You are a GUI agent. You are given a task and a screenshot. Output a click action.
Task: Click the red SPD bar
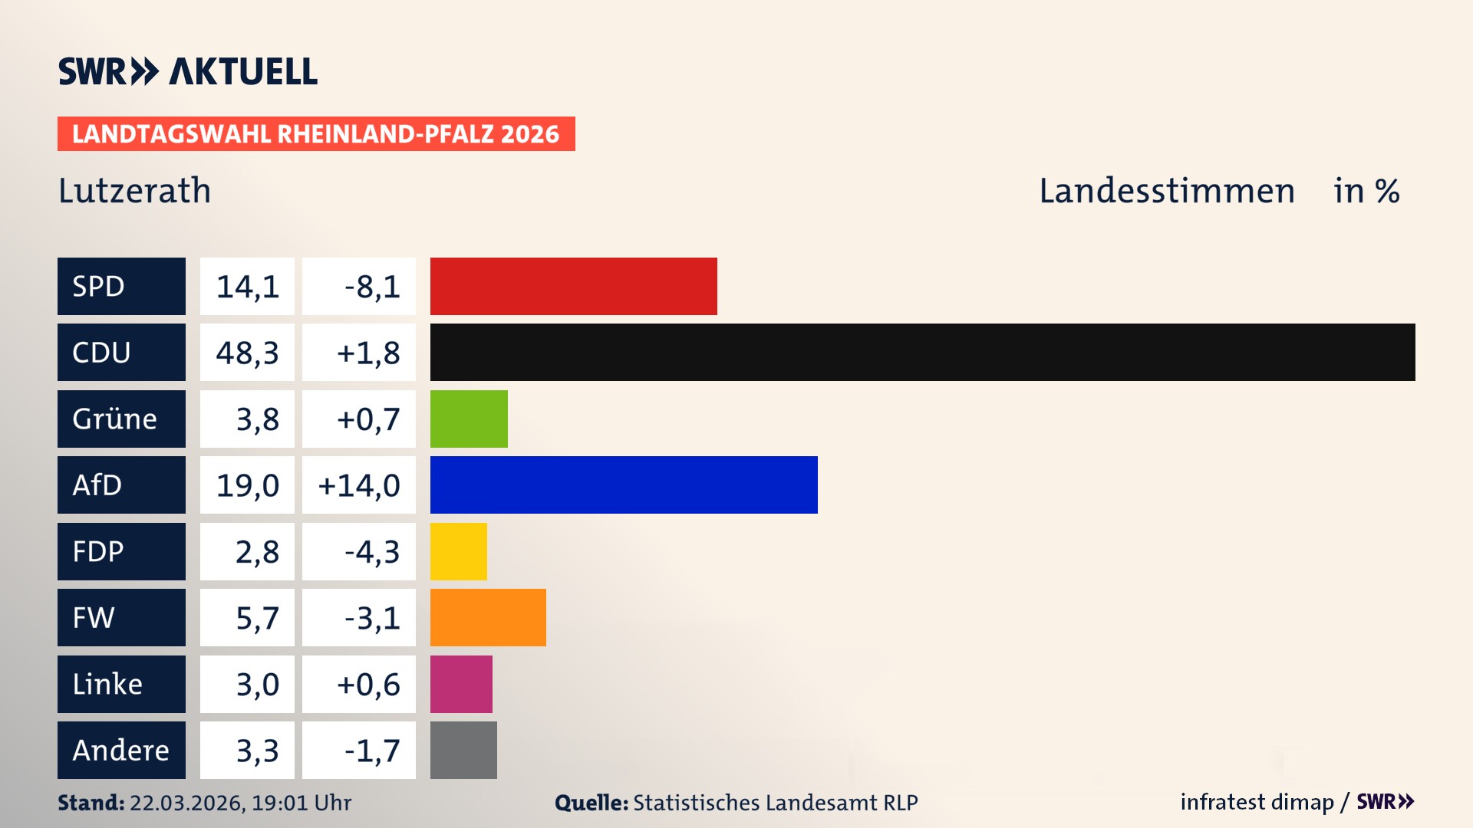(x=573, y=286)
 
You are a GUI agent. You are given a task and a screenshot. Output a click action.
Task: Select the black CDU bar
(x=922, y=352)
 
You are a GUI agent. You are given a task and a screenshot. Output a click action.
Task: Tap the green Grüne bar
(x=469, y=419)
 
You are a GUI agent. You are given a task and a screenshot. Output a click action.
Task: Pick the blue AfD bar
(x=624, y=485)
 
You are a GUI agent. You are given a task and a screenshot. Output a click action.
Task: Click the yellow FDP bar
(x=458, y=551)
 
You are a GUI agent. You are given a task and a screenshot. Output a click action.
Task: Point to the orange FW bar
(x=488, y=617)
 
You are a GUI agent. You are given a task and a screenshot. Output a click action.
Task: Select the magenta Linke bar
(x=461, y=684)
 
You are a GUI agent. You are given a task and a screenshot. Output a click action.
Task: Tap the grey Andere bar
(x=463, y=750)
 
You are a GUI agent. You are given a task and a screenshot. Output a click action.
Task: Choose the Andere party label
(x=121, y=750)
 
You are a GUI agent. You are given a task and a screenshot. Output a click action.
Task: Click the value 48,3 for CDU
(x=247, y=353)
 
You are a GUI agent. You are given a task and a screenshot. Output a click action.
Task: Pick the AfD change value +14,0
(x=359, y=485)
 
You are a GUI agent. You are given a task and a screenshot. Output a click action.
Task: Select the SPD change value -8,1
(x=371, y=287)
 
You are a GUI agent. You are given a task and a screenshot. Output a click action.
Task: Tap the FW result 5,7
(x=257, y=618)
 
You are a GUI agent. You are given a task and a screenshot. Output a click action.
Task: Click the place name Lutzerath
(x=134, y=190)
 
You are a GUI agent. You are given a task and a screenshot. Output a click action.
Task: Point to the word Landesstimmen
(x=1166, y=190)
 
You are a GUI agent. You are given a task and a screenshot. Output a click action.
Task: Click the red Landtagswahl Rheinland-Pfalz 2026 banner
(x=316, y=133)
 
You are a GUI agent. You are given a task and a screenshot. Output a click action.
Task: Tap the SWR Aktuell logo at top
(x=187, y=71)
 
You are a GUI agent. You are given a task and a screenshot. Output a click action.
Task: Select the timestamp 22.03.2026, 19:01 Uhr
(x=240, y=803)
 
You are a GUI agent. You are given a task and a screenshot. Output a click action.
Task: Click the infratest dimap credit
(x=1256, y=802)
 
